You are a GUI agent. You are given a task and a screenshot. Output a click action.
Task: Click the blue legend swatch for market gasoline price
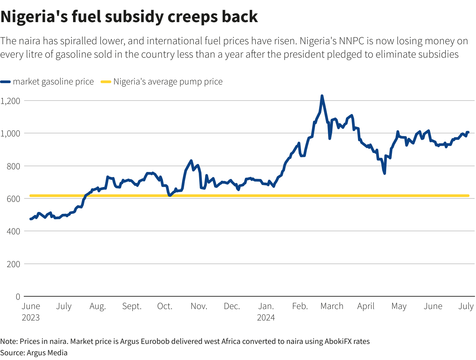pyautogui.click(x=6, y=82)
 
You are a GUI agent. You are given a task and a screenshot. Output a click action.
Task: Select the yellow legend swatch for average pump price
pyautogui.click(x=106, y=82)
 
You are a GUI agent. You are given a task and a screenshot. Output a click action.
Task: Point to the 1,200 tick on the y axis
pyautogui.click(x=10, y=101)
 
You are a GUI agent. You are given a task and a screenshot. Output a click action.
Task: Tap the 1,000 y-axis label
pyautogui.click(x=10, y=133)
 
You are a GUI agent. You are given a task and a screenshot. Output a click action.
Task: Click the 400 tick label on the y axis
pyautogui.click(x=13, y=231)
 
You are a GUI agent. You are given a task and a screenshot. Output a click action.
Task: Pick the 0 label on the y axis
pyautogui.click(x=18, y=297)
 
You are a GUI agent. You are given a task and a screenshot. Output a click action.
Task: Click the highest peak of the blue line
pyautogui.click(x=322, y=96)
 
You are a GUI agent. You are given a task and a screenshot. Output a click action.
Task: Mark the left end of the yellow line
pyautogui.click(x=31, y=195)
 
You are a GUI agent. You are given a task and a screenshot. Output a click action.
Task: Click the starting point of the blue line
pyautogui.click(x=31, y=219)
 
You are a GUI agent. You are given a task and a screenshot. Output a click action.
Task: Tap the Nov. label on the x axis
pyautogui.click(x=199, y=306)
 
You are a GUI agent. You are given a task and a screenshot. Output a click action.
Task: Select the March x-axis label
pyautogui.click(x=332, y=306)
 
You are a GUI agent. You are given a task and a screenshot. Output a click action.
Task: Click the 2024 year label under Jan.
pyautogui.click(x=266, y=317)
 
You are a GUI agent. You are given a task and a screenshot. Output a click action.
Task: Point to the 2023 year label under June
pyautogui.click(x=31, y=317)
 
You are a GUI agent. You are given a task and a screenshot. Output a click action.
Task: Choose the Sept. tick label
pyautogui.click(x=132, y=306)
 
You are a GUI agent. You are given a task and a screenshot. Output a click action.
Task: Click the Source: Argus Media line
pyautogui.click(x=34, y=353)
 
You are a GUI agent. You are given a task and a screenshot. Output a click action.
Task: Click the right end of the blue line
pyautogui.click(x=468, y=132)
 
